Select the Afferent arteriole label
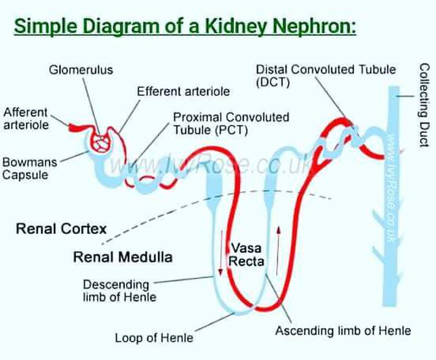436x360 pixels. pyautogui.click(x=26, y=118)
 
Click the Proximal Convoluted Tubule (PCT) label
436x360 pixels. pyautogui.click(x=231, y=124)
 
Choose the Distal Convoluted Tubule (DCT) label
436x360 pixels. pyautogui.click(x=325, y=76)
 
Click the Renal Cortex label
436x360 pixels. pyautogui.click(x=61, y=228)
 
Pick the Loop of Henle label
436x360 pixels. pyautogui.click(x=154, y=338)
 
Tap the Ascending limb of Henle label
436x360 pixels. pyautogui.click(x=343, y=331)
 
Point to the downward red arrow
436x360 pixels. pyautogui.click(x=221, y=252)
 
